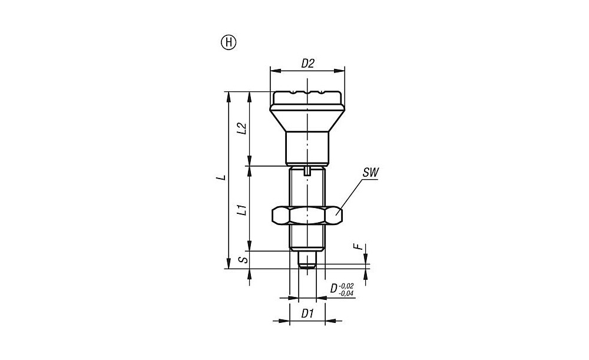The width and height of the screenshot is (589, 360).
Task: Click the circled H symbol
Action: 228,43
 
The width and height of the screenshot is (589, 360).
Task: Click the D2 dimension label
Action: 307,64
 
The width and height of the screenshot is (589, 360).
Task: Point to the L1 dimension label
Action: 243,210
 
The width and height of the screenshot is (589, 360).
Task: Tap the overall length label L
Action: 223,177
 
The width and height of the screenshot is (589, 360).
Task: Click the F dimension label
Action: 360,247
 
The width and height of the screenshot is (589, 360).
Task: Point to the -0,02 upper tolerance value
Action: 347,286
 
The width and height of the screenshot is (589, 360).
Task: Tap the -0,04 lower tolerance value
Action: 347,293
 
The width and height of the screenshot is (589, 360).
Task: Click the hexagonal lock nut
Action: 307,216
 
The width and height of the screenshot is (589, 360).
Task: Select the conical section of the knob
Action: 307,118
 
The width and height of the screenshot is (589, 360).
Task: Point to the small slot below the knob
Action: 307,171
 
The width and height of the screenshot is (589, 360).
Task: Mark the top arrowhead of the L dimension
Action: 228,96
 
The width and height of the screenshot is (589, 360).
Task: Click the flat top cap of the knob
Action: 307,98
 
